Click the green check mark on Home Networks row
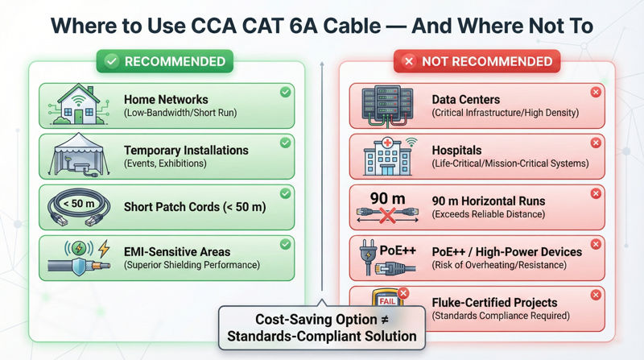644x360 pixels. point(285,93)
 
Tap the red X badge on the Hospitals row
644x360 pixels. point(596,143)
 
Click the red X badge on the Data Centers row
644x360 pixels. point(596,93)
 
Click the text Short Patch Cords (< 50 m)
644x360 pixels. point(195,207)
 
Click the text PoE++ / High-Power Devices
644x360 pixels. point(506,251)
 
